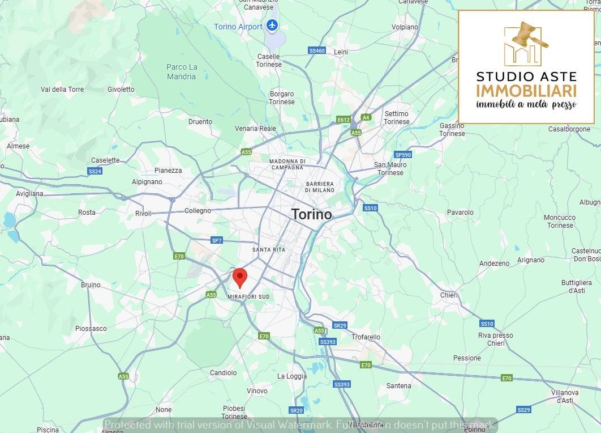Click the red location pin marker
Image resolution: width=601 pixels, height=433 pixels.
[240, 278]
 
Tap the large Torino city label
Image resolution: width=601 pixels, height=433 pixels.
[311, 214]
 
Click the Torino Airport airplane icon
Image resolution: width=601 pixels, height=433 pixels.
[273, 26]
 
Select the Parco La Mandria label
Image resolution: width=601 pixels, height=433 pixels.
[182, 71]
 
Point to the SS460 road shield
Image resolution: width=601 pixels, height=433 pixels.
[317, 50]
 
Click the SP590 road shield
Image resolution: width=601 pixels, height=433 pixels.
[403, 155]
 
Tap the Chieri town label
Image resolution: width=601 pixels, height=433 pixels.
[449, 295]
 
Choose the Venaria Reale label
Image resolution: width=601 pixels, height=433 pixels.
[256, 129]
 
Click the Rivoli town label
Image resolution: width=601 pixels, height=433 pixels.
[144, 214]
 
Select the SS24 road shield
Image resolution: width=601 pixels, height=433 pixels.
[95, 171]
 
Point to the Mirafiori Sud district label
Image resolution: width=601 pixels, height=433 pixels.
[248, 297]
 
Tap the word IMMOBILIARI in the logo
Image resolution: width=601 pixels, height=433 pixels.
[526, 91]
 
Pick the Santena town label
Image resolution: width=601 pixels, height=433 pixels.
[398, 386]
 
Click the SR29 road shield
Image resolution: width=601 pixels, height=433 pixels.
[340, 325]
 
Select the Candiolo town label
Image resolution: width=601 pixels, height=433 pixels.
[223, 373]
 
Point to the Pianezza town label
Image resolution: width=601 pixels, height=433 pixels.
[168, 171]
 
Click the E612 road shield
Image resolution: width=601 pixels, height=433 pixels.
[344, 120]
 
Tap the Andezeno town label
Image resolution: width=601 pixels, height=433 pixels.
[494, 264]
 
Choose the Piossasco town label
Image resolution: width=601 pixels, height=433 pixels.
[91, 329]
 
